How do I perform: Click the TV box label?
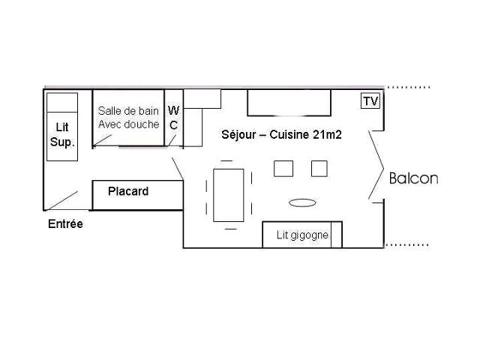click(x=370, y=101)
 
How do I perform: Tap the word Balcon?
click(x=413, y=178)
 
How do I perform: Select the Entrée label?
click(x=65, y=224)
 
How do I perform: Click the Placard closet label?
click(x=128, y=191)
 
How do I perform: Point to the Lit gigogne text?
click(x=302, y=235)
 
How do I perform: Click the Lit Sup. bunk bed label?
click(x=62, y=135)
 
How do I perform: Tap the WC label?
click(x=173, y=118)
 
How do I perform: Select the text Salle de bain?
click(x=128, y=111)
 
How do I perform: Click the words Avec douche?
click(x=128, y=124)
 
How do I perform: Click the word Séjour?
click(x=238, y=134)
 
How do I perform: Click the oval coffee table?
click(x=301, y=202)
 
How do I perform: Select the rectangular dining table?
click(x=229, y=195)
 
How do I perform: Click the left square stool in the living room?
click(x=283, y=169)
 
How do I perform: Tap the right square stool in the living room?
click(x=319, y=169)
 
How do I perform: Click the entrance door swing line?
click(x=62, y=200)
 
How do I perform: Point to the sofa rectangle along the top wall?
click(x=289, y=103)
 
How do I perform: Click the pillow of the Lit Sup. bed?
click(x=62, y=101)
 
